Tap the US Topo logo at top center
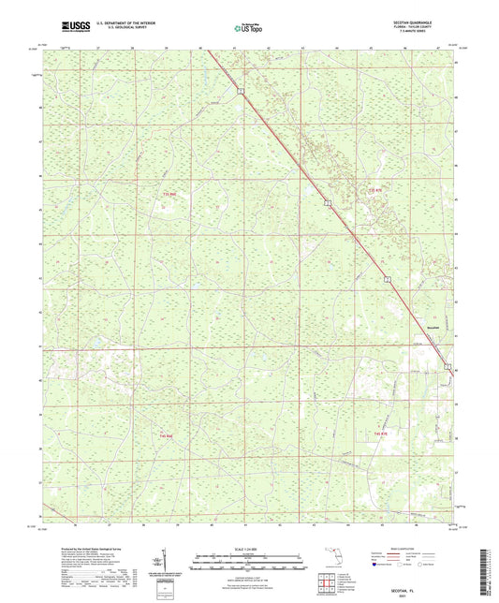tap(248, 29)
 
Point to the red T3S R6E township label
tap(169, 194)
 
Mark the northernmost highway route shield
tap(240, 90)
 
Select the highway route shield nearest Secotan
tap(448, 364)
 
